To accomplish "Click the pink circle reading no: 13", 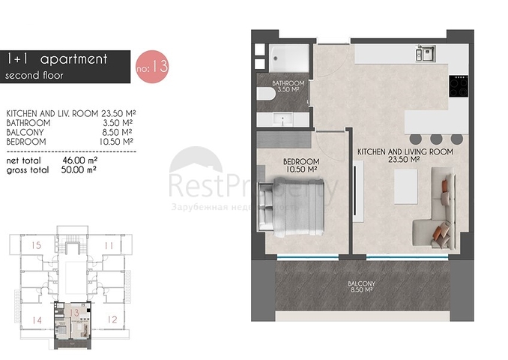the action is point(152,67).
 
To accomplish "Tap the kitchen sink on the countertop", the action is point(426,53).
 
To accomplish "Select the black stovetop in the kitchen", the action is point(459,86).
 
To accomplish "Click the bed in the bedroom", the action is point(291,206).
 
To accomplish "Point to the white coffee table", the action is point(405,187).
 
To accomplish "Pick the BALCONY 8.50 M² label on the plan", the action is point(361,286).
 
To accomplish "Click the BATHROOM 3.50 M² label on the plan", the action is point(288,86).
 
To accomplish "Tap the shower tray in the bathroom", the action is point(289,58).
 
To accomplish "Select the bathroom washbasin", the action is point(282,119).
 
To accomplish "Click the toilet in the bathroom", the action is point(266,94).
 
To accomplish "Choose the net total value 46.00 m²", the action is point(79,160).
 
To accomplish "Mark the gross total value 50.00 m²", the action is point(79,169).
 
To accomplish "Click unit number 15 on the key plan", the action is point(36,245).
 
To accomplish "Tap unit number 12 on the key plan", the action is point(112,319).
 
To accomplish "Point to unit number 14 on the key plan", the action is point(37,320).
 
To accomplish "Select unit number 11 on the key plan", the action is point(109,245).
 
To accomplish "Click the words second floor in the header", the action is point(34,76).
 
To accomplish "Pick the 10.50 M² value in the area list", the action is point(117,142).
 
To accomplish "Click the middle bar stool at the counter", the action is point(436,139).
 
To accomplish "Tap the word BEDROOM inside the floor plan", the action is point(301,161).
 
